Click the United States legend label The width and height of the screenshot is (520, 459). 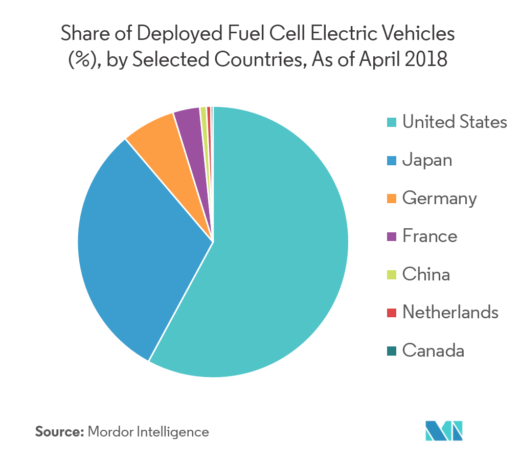tap(455, 122)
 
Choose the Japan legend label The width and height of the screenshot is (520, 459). tap(427, 160)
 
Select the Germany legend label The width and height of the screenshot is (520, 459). tap(439, 199)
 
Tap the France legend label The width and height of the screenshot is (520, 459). tap(429, 236)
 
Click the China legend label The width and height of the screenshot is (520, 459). tap(426, 275)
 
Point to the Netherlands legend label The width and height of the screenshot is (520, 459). tap(450, 312)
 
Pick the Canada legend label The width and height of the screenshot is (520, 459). tap(433, 351)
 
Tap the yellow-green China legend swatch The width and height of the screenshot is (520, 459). tap(392, 275)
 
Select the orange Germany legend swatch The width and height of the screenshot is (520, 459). tap(392, 199)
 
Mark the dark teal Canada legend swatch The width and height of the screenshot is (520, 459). tap(392, 351)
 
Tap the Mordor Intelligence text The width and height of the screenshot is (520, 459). tap(148, 432)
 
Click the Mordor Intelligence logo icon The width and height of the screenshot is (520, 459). tap(444, 431)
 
